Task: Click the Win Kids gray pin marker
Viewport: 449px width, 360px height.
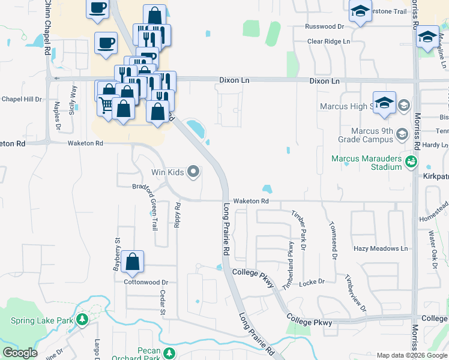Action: [x=193, y=173]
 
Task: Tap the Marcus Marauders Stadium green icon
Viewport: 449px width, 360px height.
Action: [x=411, y=161]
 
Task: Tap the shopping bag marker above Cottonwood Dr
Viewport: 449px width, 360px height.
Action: [x=133, y=262]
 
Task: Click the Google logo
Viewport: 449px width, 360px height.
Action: [x=20, y=353]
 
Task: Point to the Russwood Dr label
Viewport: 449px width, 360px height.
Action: [x=324, y=27]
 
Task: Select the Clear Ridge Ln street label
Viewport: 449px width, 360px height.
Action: [x=328, y=41]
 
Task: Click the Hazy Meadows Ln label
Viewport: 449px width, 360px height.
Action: [x=380, y=248]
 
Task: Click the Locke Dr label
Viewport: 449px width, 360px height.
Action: [x=312, y=282]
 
